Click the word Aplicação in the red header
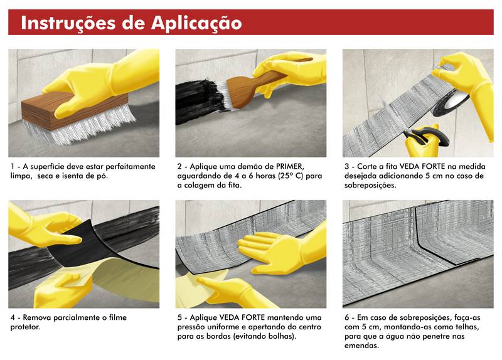196,23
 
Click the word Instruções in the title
68,23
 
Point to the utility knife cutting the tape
426,138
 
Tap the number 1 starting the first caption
12,166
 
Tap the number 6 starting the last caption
347,318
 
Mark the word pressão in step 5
191,327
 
